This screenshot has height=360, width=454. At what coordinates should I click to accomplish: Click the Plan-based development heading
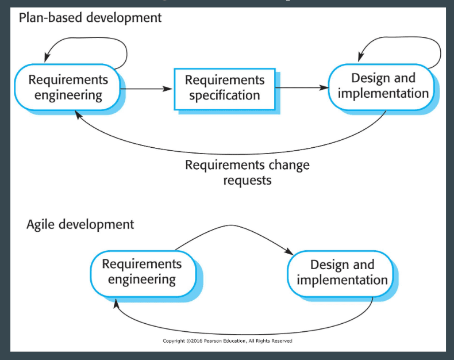[90, 18]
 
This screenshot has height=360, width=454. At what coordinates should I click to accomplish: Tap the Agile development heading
[80, 224]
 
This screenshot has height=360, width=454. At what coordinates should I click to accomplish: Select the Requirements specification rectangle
[225, 89]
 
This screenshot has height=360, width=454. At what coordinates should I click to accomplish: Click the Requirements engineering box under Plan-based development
[67, 87]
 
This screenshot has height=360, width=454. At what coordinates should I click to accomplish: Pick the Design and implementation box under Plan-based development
[382, 87]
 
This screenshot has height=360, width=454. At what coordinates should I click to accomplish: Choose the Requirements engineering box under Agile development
[143, 274]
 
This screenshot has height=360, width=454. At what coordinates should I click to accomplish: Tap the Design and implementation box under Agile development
[340, 274]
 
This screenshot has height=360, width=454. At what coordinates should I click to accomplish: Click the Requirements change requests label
[247, 173]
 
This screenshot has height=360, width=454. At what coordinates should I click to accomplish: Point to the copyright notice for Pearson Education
[228, 341]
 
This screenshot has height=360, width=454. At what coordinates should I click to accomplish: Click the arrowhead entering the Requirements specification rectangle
[168, 89]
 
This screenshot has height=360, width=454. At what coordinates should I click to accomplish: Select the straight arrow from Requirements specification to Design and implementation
[302, 87]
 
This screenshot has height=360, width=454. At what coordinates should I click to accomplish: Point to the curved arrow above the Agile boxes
[231, 225]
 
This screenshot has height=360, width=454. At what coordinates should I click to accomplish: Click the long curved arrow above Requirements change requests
[232, 154]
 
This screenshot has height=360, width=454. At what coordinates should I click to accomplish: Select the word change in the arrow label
[289, 165]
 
